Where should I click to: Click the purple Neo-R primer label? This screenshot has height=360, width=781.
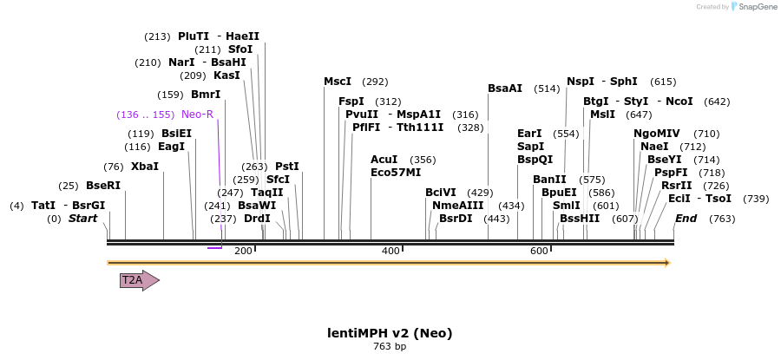point(197,115)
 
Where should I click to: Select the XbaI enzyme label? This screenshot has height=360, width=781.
point(145,167)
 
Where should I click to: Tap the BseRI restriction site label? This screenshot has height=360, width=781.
point(103,186)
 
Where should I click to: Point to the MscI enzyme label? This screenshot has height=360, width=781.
point(338,82)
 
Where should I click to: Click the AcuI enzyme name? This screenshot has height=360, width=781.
point(384,160)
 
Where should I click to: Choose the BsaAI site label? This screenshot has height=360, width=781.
point(505,88)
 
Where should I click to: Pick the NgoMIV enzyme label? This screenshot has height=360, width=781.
point(657,134)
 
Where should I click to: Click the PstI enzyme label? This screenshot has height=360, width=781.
point(287,167)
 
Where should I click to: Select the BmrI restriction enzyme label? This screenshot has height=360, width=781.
point(206,95)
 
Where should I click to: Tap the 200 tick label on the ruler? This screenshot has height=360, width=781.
point(243,251)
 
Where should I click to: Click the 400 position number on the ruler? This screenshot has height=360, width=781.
point(390,251)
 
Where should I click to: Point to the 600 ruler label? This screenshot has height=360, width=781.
point(539,251)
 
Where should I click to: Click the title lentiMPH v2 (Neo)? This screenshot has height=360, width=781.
point(390,333)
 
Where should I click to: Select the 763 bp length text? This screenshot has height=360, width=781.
point(390,347)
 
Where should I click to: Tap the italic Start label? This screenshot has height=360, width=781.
point(83,219)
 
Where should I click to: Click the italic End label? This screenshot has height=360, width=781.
point(686,219)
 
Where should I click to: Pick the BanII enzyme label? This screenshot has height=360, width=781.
point(549,180)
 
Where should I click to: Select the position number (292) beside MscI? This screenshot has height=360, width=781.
point(375,82)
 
